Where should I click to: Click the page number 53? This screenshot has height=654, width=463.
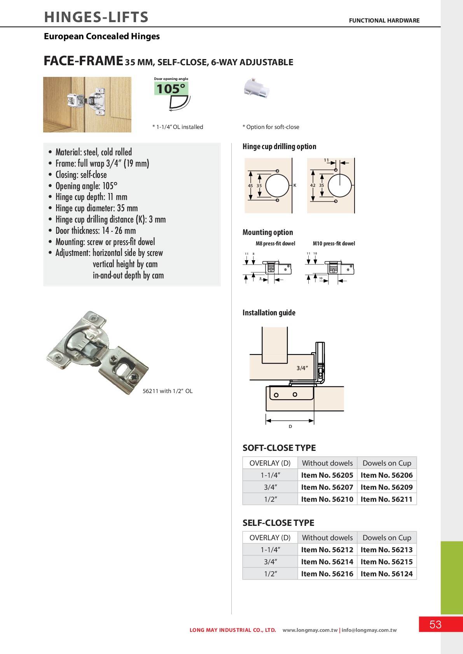(435, 624)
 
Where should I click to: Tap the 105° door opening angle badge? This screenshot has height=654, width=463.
(171, 89)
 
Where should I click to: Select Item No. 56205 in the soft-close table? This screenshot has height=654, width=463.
(327, 475)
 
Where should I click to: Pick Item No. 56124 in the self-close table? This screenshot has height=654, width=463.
(386, 574)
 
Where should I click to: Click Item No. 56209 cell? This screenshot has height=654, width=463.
(386, 487)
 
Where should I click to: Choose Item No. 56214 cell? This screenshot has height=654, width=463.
(327, 562)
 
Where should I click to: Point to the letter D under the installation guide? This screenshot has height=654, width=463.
(290, 426)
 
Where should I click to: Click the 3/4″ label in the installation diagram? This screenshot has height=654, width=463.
(302, 368)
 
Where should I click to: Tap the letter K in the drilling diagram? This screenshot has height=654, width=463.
(295, 185)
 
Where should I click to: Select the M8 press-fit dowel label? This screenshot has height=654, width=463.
(275, 244)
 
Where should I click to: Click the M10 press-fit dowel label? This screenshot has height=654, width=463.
(334, 244)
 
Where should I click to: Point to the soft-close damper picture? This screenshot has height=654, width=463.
(256, 88)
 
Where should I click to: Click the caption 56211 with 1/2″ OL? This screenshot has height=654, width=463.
(168, 391)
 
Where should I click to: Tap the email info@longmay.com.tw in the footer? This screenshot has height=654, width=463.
(369, 630)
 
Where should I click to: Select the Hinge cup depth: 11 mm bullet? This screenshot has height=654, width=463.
(91, 197)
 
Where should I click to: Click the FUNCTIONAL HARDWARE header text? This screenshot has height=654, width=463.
(384, 21)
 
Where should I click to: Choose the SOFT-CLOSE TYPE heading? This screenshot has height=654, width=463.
(279, 448)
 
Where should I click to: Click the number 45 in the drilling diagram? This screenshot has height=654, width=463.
(250, 186)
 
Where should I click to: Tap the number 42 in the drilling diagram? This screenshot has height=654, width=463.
(313, 185)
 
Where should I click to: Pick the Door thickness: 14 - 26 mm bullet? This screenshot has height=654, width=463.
(96, 231)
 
